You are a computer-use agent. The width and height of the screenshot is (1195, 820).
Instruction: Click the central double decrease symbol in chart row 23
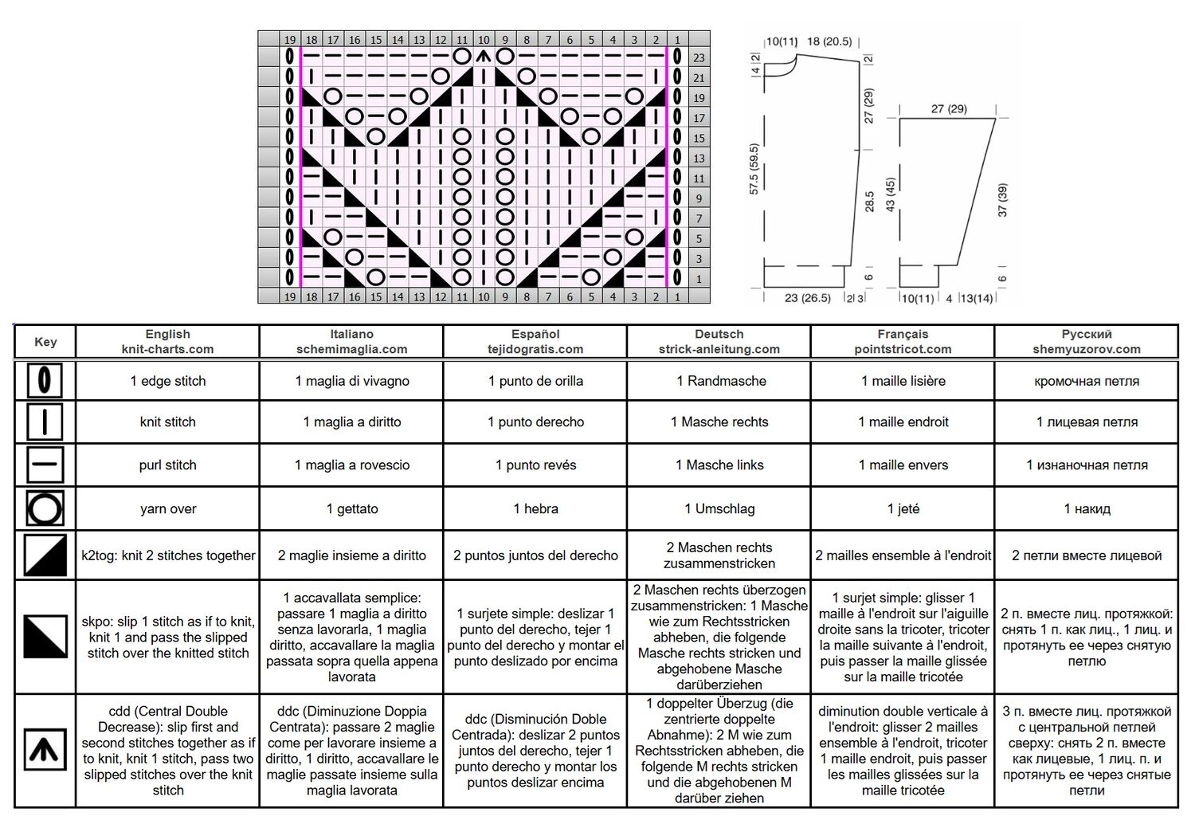coord(484,57)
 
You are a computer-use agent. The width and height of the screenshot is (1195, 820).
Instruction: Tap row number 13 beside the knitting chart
coord(699,158)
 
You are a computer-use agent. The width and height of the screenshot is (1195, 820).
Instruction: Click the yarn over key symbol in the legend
coord(45,508)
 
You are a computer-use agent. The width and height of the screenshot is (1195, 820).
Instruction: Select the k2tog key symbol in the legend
coord(45,555)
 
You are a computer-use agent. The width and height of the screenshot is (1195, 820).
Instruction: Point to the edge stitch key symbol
coord(45,380)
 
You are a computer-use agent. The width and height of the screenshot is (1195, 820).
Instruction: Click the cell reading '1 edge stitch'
coord(167,381)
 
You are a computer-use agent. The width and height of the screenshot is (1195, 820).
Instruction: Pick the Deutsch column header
coord(719,341)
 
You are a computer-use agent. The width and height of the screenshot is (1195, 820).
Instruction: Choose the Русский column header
coord(1086,341)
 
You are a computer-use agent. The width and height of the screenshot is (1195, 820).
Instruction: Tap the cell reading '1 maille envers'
coord(903,465)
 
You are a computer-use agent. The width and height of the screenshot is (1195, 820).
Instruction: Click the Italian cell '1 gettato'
coord(351,508)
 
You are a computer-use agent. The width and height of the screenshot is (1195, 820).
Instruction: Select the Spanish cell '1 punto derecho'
coord(535,422)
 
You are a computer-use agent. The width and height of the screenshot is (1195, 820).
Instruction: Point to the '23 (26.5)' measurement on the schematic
coord(807,298)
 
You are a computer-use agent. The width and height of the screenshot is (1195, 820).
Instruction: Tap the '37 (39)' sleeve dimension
coord(1002,200)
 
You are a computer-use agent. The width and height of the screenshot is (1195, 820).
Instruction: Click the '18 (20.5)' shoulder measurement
coord(829,41)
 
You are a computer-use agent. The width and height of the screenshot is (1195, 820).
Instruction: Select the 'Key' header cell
coord(45,342)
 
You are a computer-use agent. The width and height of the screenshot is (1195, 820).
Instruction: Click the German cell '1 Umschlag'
coord(719,508)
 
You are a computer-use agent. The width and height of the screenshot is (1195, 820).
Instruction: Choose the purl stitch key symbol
coord(45,465)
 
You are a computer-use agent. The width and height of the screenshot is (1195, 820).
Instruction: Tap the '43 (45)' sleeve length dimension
coord(891,194)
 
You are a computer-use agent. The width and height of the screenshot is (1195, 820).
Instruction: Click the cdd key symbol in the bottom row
coord(45,750)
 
